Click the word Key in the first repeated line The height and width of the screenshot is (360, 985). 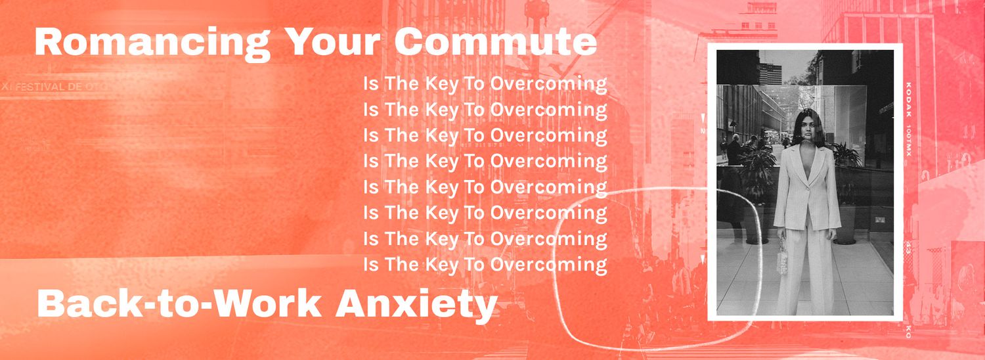(442, 84)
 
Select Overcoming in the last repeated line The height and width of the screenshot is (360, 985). (548, 265)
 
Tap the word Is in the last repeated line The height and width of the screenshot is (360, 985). (371, 265)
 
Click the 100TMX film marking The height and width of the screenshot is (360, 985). (909, 139)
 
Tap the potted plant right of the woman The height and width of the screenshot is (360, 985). (846, 158)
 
